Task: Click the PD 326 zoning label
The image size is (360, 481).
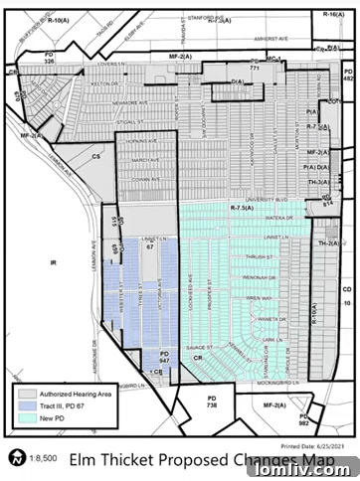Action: (x=50, y=59)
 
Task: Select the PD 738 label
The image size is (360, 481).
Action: (x=210, y=401)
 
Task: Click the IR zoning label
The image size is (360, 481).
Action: (x=55, y=262)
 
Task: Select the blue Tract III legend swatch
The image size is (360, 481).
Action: (x=27, y=407)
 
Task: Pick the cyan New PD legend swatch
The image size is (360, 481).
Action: (x=27, y=418)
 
